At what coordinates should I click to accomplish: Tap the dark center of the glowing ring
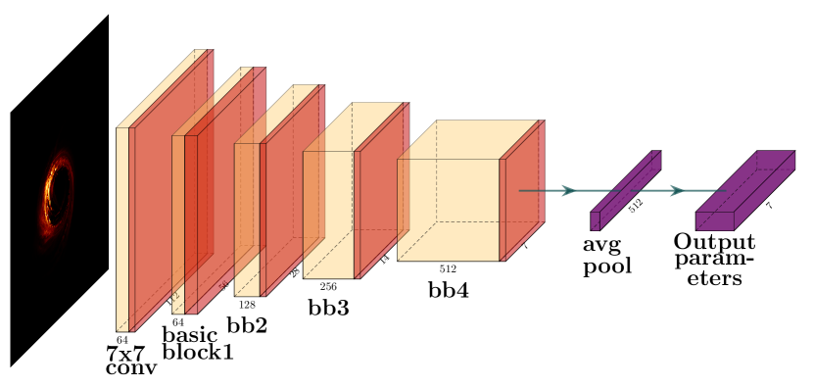[x=58, y=194]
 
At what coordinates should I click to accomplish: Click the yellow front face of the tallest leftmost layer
[x=122, y=228]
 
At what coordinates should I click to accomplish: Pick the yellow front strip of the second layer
[x=178, y=225]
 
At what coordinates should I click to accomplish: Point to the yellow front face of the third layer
[x=247, y=219]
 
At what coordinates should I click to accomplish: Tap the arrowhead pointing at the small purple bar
[x=568, y=190]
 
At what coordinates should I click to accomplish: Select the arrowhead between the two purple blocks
[x=677, y=190]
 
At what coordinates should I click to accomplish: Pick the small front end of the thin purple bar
[x=595, y=221]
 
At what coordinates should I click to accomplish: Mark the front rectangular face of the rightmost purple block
[x=715, y=221]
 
